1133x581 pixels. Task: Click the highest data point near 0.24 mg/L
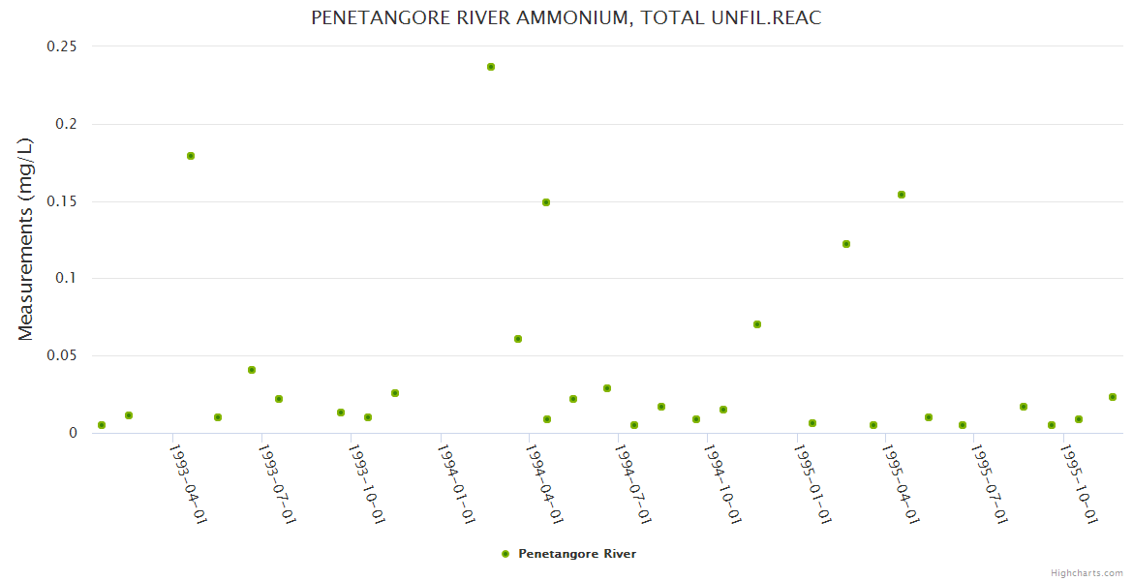(x=491, y=67)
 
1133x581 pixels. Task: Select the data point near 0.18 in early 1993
(x=191, y=156)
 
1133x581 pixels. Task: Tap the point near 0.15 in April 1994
(x=546, y=202)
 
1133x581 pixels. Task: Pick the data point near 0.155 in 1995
(x=902, y=195)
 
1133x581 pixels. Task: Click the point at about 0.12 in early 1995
(x=846, y=244)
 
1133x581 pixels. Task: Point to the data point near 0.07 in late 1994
(x=757, y=324)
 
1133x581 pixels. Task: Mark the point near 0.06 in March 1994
(x=518, y=339)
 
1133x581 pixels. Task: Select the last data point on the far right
(x=1113, y=397)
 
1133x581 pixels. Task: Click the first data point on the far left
(x=102, y=425)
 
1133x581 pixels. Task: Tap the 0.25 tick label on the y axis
(x=62, y=46)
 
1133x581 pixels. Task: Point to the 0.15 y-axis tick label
(x=62, y=201)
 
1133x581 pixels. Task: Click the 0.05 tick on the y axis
(x=62, y=355)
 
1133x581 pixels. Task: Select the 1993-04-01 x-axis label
(x=188, y=483)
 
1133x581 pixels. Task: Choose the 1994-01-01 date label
(x=456, y=483)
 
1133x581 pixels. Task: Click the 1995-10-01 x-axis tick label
(x=1080, y=483)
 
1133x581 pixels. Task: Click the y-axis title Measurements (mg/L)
(x=26, y=239)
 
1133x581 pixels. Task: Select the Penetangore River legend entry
(x=576, y=554)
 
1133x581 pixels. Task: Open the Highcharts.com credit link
(x=1087, y=573)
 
